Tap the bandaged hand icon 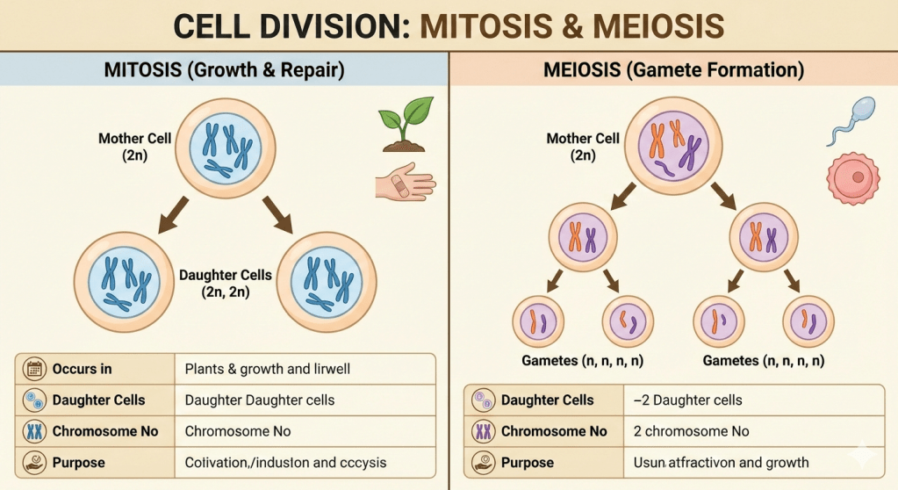pyautogui.click(x=404, y=182)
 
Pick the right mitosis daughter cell pyautogui.click(x=326, y=281)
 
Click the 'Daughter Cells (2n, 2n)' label pyautogui.click(x=226, y=284)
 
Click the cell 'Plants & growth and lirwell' pyautogui.click(x=267, y=369)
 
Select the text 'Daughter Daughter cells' pyautogui.click(x=259, y=400)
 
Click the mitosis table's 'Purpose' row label pyautogui.click(x=78, y=462)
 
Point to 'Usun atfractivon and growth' pyautogui.click(x=721, y=462)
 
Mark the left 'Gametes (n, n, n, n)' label pyautogui.click(x=581, y=361)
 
